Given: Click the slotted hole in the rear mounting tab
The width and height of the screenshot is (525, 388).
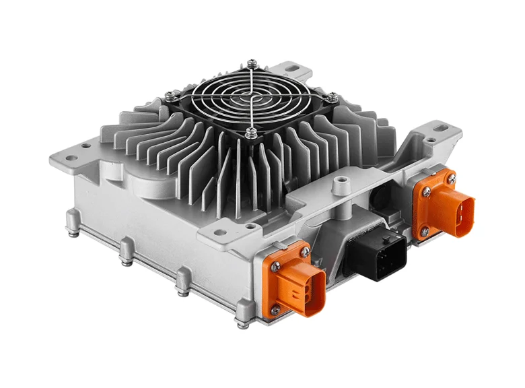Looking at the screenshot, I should pyautogui.click(x=294, y=68).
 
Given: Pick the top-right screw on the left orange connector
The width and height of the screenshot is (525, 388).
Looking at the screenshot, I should pyautogui.click(x=306, y=251).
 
